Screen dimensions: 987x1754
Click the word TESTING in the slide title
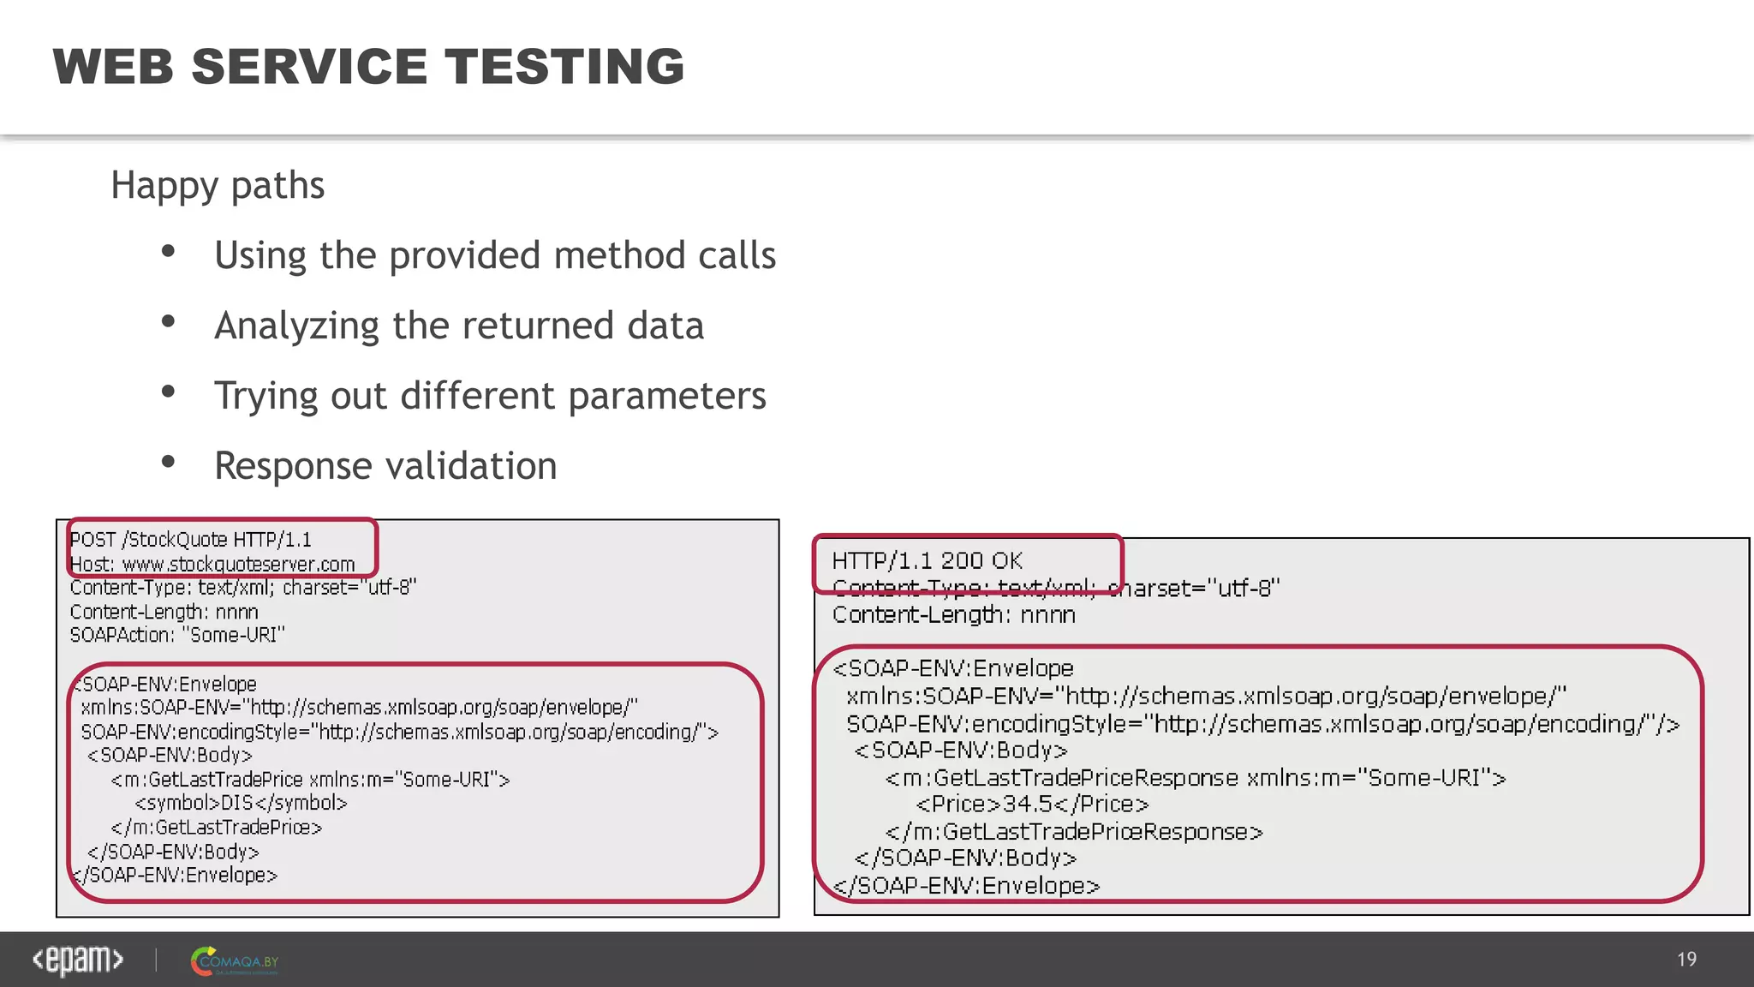pos(564,67)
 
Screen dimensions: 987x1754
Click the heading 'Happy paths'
pos(218,185)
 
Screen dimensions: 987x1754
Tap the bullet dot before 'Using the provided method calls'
pos(169,252)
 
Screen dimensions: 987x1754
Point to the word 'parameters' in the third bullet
pos(667,397)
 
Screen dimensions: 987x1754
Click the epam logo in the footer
pos(78,960)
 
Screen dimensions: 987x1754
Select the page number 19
pos(1686,960)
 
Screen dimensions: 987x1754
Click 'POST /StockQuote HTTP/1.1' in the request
pos(190,540)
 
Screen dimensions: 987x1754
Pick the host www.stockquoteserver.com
pos(238,565)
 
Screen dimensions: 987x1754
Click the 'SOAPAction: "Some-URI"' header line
pos(177,635)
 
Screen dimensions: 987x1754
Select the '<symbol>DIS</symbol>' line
pos(241,803)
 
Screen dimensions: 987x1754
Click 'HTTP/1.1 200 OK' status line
pos(927,561)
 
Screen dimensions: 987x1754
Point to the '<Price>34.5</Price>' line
pos(1031,805)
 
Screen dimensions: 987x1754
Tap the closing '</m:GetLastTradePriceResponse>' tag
pos(1073,832)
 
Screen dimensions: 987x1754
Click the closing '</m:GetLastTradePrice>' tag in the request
pos(216,828)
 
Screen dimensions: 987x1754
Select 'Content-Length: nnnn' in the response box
pos(953,615)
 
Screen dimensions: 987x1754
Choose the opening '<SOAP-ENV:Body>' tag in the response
pos(960,751)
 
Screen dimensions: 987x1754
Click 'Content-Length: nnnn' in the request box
pos(164,612)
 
